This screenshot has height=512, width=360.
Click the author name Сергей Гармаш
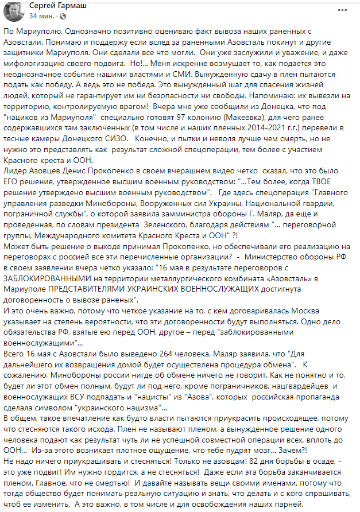coord(55,5)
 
